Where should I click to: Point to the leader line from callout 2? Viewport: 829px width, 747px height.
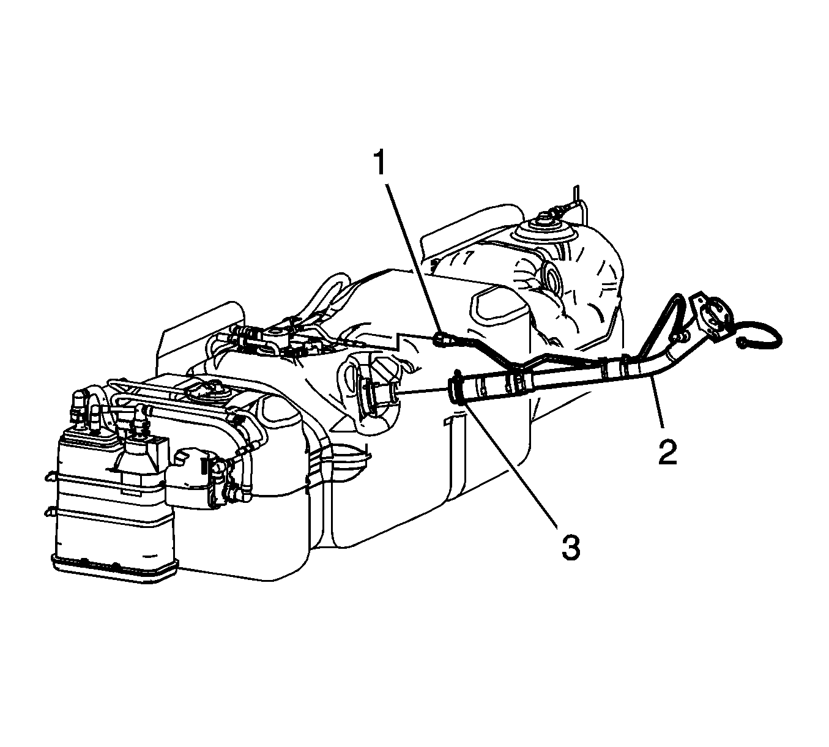click(x=658, y=401)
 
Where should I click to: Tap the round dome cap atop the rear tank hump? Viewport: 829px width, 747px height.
click(x=543, y=230)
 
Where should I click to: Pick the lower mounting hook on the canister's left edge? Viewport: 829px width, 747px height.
click(x=50, y=512)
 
